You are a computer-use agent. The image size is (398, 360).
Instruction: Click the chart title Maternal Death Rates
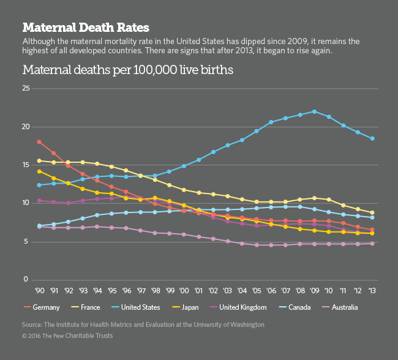pos(86,28)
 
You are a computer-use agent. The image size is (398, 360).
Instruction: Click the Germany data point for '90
pos(39,142)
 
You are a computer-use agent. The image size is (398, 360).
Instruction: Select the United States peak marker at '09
pos(314,111)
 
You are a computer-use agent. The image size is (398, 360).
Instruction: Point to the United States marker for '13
pos(372,138)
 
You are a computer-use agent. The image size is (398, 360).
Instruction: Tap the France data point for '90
pos(39,161)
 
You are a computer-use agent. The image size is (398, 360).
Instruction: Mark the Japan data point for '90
pos(39,171)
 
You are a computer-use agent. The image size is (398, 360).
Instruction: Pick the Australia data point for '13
pos(372,244)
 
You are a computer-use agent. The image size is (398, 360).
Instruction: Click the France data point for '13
pos(372,213)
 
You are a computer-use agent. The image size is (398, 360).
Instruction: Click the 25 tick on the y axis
pos(26,89)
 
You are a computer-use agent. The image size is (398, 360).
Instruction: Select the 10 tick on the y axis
pos(26,203)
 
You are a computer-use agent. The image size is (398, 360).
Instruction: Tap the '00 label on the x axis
pos(184,290)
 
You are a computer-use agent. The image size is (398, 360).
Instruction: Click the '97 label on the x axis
pos(140,290)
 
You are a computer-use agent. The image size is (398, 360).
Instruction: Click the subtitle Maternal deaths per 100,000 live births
pos(127,70)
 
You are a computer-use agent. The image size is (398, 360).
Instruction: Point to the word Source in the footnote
pos(33,324)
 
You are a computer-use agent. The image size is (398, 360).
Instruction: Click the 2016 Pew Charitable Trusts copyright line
pos(67,336)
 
